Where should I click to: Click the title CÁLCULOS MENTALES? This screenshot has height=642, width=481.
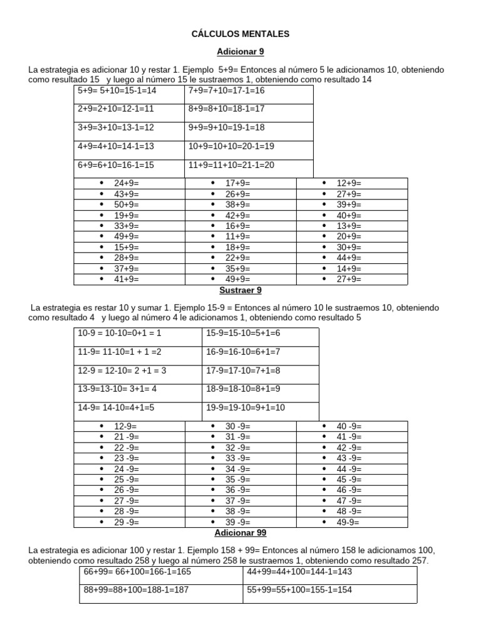click(x=240, y=33)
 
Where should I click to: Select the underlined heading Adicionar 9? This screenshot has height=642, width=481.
click(x=240, y=51)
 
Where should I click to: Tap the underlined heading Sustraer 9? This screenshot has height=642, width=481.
click(x=240, y=290)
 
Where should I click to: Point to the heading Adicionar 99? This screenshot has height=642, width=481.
click(x=240, y=533)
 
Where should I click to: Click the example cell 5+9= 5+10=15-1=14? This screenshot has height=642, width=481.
click(x=116, y=91)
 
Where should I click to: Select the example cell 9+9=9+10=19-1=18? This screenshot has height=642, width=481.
click(x=227, y=128)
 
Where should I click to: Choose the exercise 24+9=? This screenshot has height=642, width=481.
click(x=127, y=184)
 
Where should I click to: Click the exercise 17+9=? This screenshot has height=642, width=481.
click(x=238, y=184)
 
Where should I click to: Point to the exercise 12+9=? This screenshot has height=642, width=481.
click(x=349, y=184)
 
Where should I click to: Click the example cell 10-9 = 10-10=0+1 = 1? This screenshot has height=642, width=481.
click(x=120, y=334)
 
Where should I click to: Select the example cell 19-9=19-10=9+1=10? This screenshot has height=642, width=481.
click(x=246, y=408)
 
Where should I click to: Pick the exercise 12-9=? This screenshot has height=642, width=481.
click(x=127, y=426)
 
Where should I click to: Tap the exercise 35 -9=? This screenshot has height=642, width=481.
click(x=238, y=480)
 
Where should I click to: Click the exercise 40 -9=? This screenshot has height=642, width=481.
click(x=349, y=426)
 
